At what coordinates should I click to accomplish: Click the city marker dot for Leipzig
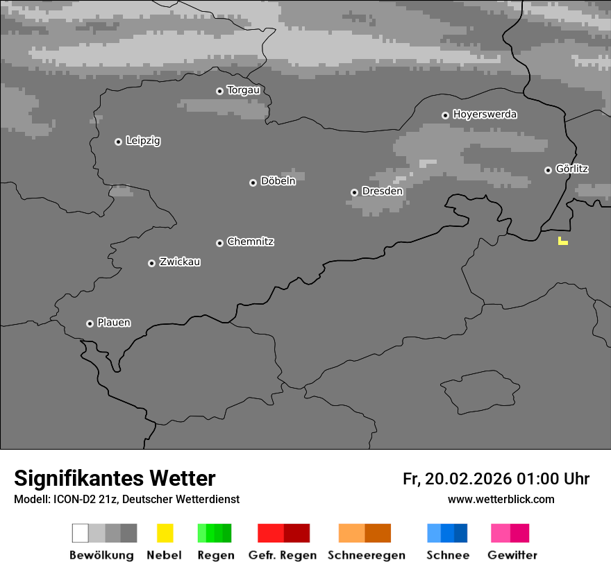(118, 142)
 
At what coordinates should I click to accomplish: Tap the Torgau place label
(243, 90)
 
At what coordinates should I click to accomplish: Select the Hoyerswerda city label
(485, 115)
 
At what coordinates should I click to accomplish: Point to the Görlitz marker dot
(548, 170)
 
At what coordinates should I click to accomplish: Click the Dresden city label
(382, 191)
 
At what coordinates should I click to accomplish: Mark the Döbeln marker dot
(253, 183)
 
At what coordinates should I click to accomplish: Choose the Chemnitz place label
(250, 242)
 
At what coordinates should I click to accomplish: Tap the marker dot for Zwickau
(151, 263)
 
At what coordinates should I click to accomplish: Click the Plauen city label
(113, 323)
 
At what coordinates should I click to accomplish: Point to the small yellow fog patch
(562, 242)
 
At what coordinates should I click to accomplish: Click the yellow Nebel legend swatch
(165, 533)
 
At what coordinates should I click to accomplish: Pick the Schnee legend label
(447, 555)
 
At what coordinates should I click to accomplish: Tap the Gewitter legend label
(512, 555)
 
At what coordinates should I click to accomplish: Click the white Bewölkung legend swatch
(81, 533)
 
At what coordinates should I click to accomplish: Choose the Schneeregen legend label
(366, 555)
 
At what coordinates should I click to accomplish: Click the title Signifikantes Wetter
(115, 478)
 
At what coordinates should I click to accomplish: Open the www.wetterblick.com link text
(501, 499)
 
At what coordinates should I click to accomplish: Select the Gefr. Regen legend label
(282, 555)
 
